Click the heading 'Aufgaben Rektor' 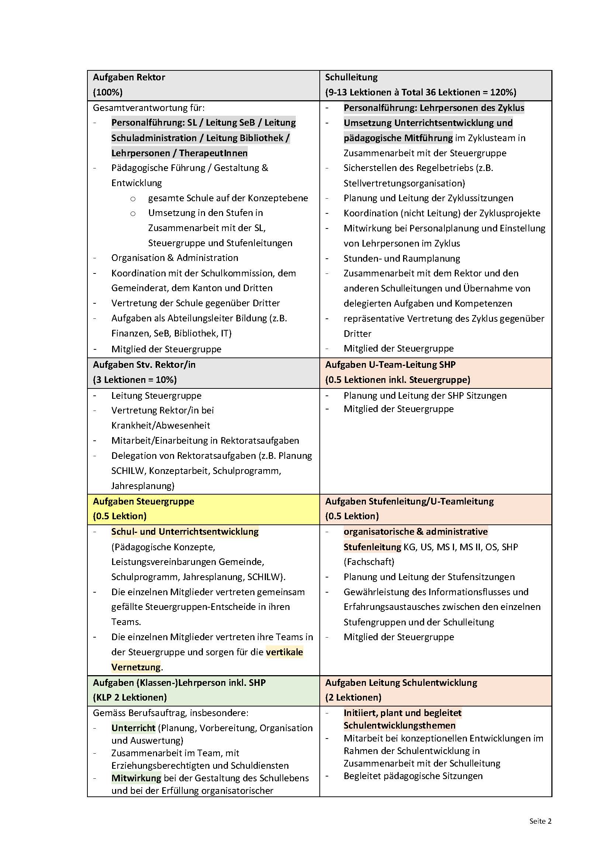click(x=129, y=77)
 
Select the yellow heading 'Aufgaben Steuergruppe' click(x=143, y=501)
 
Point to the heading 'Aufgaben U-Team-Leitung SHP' click(x=390, y=364)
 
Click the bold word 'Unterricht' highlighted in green click(x=134, y=728)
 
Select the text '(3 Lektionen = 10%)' click(x=135, y=380)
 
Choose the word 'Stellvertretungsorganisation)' click(x=404, y=183)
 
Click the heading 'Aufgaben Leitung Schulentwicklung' click(x=401, y=683)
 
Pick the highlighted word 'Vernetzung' click(x=136, y=667)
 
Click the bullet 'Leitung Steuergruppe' click(x=156, y=395)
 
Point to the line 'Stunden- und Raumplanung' click(x=402, y=258)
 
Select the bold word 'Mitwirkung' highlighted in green click(x=136, y=778)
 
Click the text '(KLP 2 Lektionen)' click(x=130, y=697)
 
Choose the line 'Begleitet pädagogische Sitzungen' click(x=413, y=776)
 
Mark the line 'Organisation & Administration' click(x=175, y=258)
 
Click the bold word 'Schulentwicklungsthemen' click(x=399, y=725)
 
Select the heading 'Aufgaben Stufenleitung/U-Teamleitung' click(x=409, y=501)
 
